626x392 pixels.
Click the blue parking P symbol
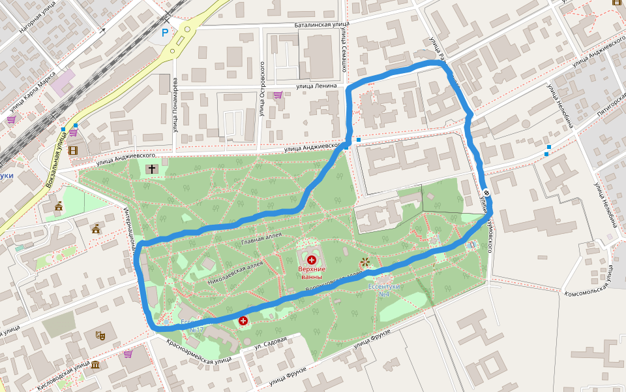[x=165, y=32]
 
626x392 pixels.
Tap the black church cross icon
[x=152, y=169]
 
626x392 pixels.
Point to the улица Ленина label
[x=316, y=86]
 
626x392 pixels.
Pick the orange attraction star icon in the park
[x=364, y=263]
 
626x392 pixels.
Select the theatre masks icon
[x=101, y=335]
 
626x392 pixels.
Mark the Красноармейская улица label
[x=199, y=352]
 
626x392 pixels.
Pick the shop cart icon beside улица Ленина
[x=278, y=95]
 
